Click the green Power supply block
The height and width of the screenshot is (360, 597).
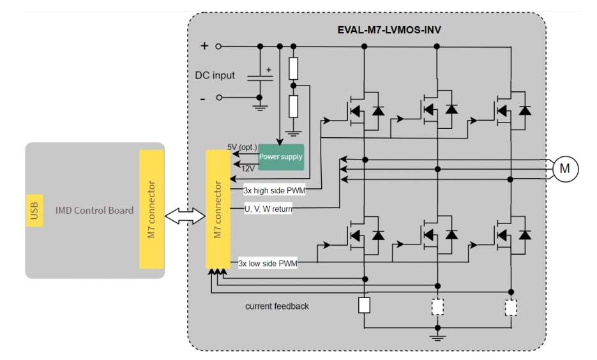coord(280,156)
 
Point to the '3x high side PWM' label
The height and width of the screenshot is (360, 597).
coord(274,190)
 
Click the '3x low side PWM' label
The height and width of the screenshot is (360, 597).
coord(267,262)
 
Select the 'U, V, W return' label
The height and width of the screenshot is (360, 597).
coord(268,208)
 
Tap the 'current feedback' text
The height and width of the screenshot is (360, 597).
coord(276,306)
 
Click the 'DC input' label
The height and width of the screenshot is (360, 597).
coord(215,75)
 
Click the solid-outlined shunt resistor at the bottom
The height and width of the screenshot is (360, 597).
coord(364,305)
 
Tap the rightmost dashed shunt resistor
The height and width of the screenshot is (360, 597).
coord(511,308)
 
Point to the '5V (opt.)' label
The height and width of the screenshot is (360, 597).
coord(243,147)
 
